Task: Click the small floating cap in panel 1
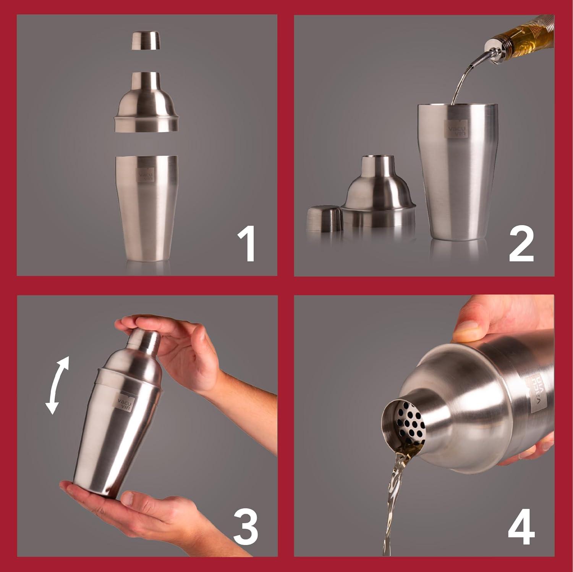(x=146, y=40)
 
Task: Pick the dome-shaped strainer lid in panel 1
(x=146, y=102)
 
